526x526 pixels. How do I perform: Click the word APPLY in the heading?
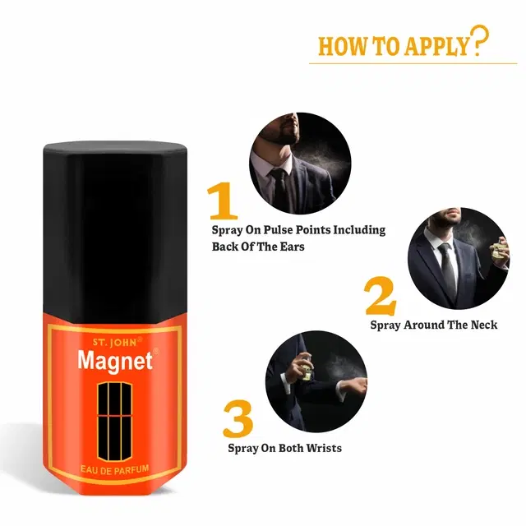coord(436,46)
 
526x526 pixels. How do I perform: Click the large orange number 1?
coord(223,201)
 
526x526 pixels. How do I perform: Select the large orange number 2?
coord(381,296)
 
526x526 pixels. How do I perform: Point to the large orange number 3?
coord(238,418)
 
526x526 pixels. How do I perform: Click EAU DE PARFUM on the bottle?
coord(115,469)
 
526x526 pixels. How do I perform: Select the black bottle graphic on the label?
coord(115,422)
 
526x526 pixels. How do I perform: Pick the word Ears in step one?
coord(293,247)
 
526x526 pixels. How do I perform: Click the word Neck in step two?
coord(484,325)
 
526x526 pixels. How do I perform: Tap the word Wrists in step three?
coord(324,448)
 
